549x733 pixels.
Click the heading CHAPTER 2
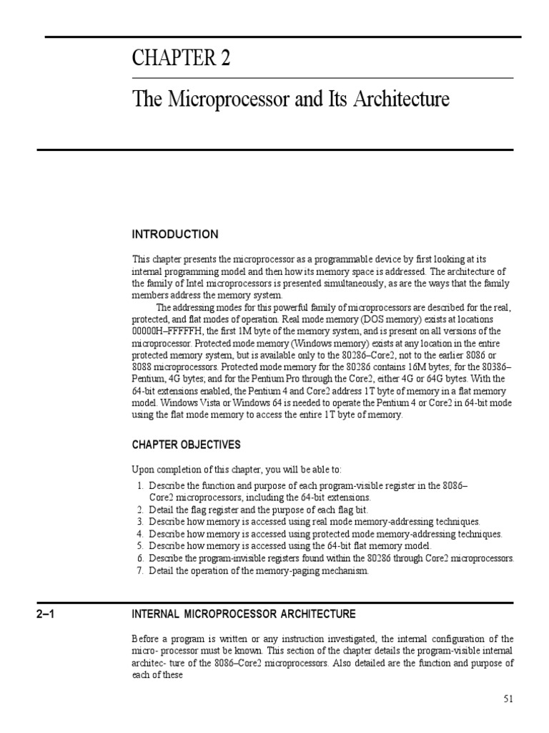pos(181,59)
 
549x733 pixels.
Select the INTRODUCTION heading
pos(175,235)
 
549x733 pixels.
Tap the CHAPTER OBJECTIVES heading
pos(186,445)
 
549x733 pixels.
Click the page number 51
pos(508,699)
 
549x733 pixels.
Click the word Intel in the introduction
pos(198,283)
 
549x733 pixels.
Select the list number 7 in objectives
pos(140,571)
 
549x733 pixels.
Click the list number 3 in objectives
pos(140,522)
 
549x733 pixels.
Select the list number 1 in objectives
pos(140,486)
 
